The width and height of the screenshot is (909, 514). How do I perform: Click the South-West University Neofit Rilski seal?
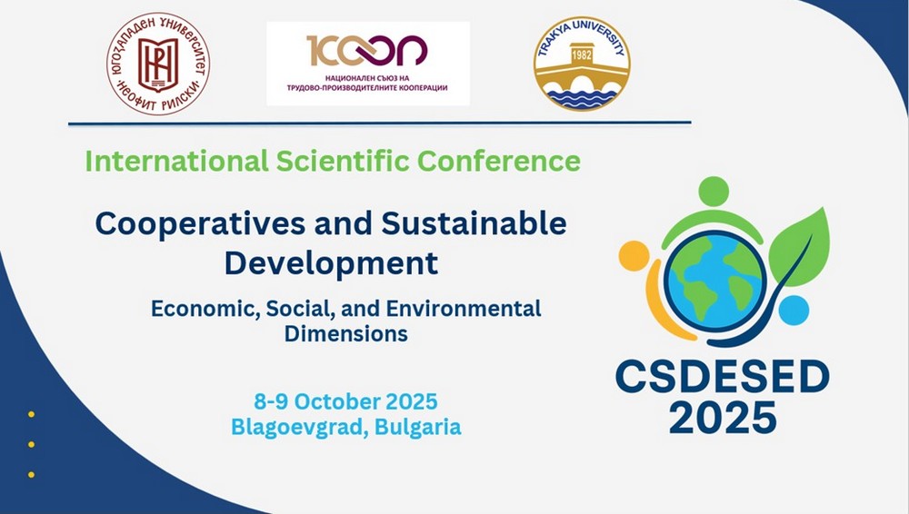(158, 64)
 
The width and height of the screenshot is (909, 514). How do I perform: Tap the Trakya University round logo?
(582, 64)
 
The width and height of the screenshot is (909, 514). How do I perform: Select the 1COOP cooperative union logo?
(368, 64)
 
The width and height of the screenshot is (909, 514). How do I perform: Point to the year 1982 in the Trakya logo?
(582, 55)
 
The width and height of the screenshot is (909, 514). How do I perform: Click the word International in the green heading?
(177, 161)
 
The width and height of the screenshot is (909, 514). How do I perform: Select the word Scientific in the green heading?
(342, 161)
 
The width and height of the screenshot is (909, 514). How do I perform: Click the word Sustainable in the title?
(474, 223)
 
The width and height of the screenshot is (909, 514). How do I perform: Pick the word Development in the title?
(331, 263)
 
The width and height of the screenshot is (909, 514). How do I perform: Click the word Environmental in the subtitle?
(464, 308)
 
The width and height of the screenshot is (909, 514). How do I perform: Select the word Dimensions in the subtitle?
(346, 334)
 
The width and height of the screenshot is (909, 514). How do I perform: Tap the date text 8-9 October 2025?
(345, 401)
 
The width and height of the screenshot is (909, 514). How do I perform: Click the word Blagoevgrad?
(299, 428)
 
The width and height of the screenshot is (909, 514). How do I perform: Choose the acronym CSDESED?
(723, 377)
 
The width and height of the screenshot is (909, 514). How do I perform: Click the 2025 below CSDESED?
(723, 417)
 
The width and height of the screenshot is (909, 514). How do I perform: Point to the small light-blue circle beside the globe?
(794, 310)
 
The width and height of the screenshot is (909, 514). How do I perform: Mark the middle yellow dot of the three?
(31, 444)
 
